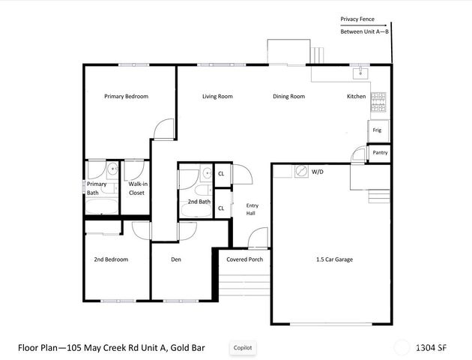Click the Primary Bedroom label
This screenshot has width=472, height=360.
click(x=126, y=97)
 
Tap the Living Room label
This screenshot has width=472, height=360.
click(x=217, y=97)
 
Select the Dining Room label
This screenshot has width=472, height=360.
click(x=288, y=97)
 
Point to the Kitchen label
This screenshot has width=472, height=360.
click(x=356, y=97)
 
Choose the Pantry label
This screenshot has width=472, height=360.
click(x=381, y=153)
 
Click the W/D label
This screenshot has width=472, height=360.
click(x=317, y=172)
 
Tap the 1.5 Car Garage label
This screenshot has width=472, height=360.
click(x=333, y=259)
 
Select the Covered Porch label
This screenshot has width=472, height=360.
click(x=244, y=259)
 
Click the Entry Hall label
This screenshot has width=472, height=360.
click(x=252, y=209)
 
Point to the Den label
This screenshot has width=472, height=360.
click(x=176, y=259)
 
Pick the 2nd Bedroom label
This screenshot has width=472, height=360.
click(x=111, y=259)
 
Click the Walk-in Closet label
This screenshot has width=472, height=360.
click(x=136, y=188)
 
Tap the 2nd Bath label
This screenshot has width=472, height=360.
click(x=199, y=202)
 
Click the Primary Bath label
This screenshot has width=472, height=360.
click(x=97, y=188)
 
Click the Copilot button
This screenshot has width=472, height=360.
click(x=243, y=347)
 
